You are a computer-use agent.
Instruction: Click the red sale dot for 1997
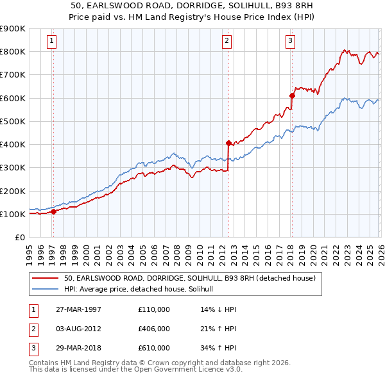click(53, 212)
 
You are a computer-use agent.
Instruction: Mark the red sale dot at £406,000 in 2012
click(228, 143)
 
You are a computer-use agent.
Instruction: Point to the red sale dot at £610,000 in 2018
click(292, 95)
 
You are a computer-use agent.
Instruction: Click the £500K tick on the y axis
click(13, 121)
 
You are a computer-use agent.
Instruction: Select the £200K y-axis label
click(13, 191)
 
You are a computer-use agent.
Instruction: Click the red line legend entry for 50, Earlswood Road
click(189, 279)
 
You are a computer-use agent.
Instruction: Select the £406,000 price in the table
click(154, 329)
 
